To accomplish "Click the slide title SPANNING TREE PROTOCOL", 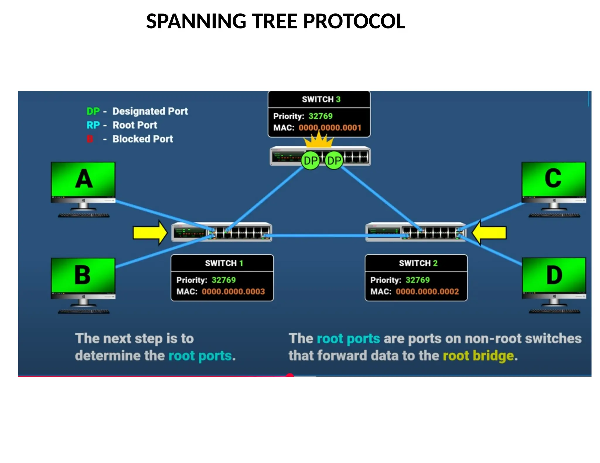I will [x=275, y=21].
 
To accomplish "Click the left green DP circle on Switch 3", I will [x=310, y=161].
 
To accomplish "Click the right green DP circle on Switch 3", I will [x=334, y=161].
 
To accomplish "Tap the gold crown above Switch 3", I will [x=319, y=140].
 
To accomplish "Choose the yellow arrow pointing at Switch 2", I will [x=489, y=233].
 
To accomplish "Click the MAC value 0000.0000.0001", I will [x=330, y=128].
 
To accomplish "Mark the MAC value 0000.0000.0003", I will [x=233, y=291].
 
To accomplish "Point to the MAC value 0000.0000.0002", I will [x=427, y=291].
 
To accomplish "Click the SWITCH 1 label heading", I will [x=224, y=263].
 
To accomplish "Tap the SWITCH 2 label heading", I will [x=418, y=263].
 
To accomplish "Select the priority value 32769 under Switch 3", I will [x=321, y=116].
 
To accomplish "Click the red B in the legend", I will [x=90, y=139].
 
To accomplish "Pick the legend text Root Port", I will [x=135, y=125].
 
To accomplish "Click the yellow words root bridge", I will [x=478, y=356].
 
